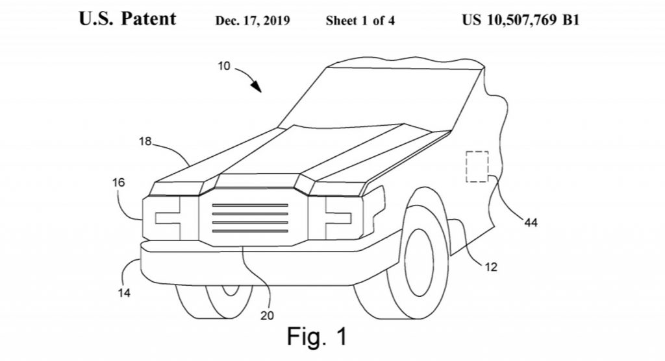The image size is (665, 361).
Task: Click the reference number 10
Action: [224, 66]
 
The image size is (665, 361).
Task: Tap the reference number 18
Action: [145, 141]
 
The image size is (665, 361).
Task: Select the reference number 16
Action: [119, 182]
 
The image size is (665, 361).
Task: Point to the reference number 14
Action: [124, 292]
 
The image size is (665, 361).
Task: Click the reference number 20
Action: [267, 315]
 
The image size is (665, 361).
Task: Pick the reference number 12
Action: [491, 267]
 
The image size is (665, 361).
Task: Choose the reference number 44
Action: [531, 222]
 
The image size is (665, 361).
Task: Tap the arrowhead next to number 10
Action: [256, 86]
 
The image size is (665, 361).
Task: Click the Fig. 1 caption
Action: [317, 336]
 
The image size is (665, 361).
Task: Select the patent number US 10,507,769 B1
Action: [520, 20]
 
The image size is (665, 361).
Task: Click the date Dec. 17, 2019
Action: [253, 21]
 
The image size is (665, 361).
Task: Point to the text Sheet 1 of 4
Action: [360, 21]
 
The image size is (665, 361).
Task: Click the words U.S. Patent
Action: [127, 19]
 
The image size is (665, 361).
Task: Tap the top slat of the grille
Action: [250, 205]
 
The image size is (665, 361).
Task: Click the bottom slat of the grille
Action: [250, 231]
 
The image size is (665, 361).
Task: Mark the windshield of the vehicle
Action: [382, 98]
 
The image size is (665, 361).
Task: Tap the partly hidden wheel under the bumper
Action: [214, 301]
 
